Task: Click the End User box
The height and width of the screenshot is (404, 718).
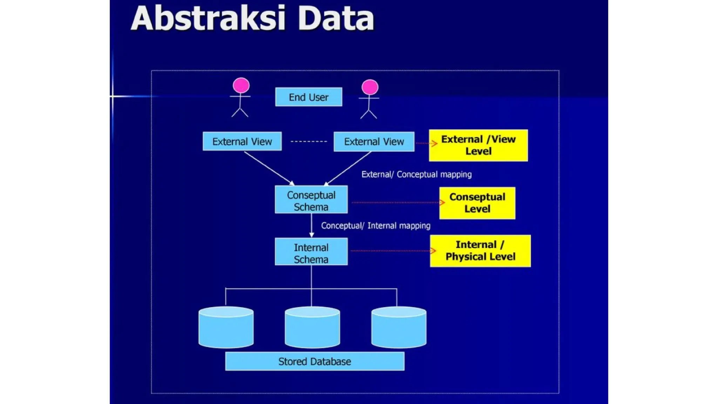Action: coord(309,97)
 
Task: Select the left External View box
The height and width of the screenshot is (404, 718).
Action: coord(242,141)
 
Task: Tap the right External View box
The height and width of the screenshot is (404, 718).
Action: coord(374,142)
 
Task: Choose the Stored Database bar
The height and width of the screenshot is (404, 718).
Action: coord(314,361)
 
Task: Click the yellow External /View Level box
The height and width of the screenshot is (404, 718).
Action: coord(478,145)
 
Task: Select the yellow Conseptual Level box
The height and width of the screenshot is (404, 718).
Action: coord(477,203)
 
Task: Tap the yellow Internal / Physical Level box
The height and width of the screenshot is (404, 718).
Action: coord(480,251)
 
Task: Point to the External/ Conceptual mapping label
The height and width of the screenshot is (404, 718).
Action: coord(416,174)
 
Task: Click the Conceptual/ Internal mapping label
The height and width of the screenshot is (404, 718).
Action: coord(375,225)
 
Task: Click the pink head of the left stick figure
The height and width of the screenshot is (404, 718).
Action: coord(241,85)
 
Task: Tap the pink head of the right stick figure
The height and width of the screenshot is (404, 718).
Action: coord(370,87)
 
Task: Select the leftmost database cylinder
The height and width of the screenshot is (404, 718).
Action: coord(226,328)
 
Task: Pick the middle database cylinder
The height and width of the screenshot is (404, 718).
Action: coord(312,328)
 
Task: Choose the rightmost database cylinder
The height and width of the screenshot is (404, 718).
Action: coord(399,328)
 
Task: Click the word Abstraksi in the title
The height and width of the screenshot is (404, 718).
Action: coord(208,18)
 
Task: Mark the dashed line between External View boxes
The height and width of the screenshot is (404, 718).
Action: coord(309,141)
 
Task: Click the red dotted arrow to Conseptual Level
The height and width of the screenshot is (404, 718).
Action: coord(396,202)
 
